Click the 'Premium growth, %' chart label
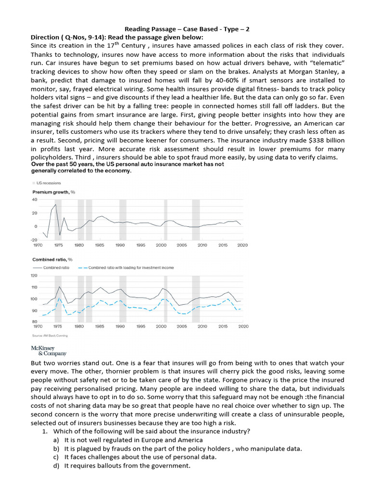(x=53, y=192)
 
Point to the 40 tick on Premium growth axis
(x=34, y=200)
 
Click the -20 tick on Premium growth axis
(x=34, y=240)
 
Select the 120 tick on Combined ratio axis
(x=34, y=276)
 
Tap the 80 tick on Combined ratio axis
(x=34, y=322)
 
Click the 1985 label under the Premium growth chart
(x=100, y=245)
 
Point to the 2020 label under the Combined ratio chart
(x=243, y=326)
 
